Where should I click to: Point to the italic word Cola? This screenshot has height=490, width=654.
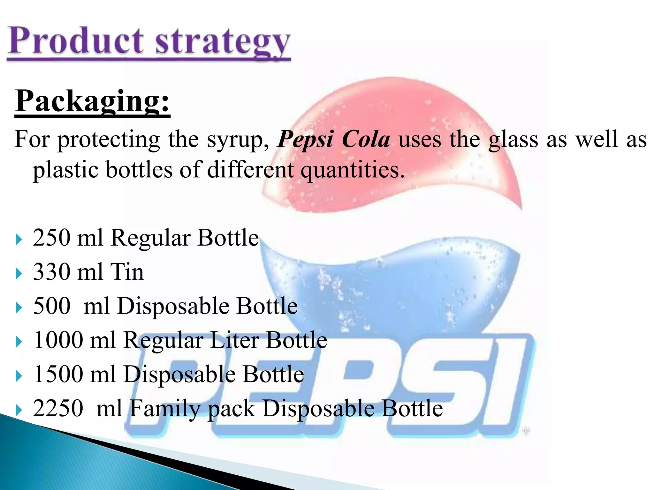[x=366, y=139]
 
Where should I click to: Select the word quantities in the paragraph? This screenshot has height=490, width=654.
[x=353, y=170]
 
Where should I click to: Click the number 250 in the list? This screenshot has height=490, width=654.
[x=51, y=238]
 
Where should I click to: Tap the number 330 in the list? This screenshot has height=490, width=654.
[x=52, y=272]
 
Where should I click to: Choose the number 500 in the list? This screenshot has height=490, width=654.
[x=52, y=306]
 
